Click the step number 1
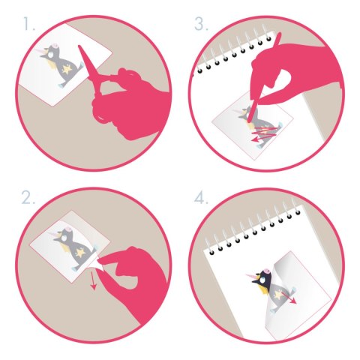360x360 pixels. coord(29,24)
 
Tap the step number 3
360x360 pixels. coord(201,24)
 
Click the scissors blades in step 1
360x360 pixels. coord(88,62)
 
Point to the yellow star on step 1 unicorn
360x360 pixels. coord(67,70)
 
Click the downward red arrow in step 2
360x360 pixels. coord(94,280)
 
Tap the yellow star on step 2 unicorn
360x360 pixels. coord(80,253)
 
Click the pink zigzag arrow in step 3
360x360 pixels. coord(265,133)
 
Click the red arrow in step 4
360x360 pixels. coord(289,297)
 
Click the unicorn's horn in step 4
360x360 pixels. coord(252,277)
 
